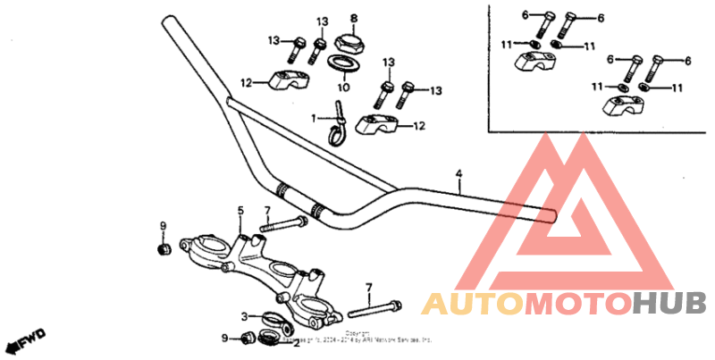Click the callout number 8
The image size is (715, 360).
(352, 18)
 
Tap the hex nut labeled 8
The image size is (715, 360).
(348, 41)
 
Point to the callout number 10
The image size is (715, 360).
(343, 88)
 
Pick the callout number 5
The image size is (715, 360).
(240, 211)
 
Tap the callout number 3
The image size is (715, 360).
(243, 315)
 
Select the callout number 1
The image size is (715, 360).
(314, 118)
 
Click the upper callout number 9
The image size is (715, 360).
(163, 225)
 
